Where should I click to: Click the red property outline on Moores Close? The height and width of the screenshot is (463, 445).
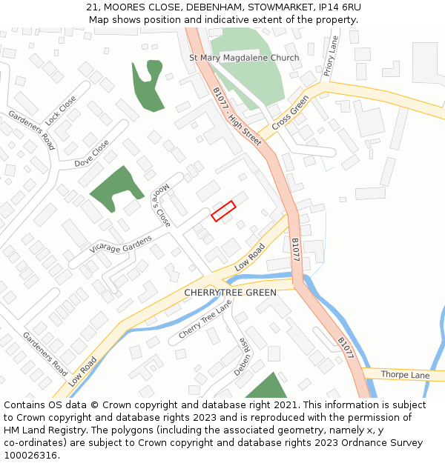tap(223, 211)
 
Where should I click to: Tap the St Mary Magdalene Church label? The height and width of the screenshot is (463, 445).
tap(244, 58)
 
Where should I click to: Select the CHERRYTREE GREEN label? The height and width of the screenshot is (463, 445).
tap(230, 293)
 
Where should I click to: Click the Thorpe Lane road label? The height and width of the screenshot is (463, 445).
tap(405, 375)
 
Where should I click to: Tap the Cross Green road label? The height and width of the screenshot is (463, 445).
tap(290, 115)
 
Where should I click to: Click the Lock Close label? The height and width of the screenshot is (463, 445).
tap(60, 110)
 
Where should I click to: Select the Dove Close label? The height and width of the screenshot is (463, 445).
tap(91, 153)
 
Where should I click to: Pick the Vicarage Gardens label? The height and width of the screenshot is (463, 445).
tap(120, 244)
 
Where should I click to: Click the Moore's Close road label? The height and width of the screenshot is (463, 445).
tap(162, 206)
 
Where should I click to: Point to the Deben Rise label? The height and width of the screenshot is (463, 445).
tap(244, 356)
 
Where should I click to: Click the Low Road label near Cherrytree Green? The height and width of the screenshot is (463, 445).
tap(250, 256)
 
